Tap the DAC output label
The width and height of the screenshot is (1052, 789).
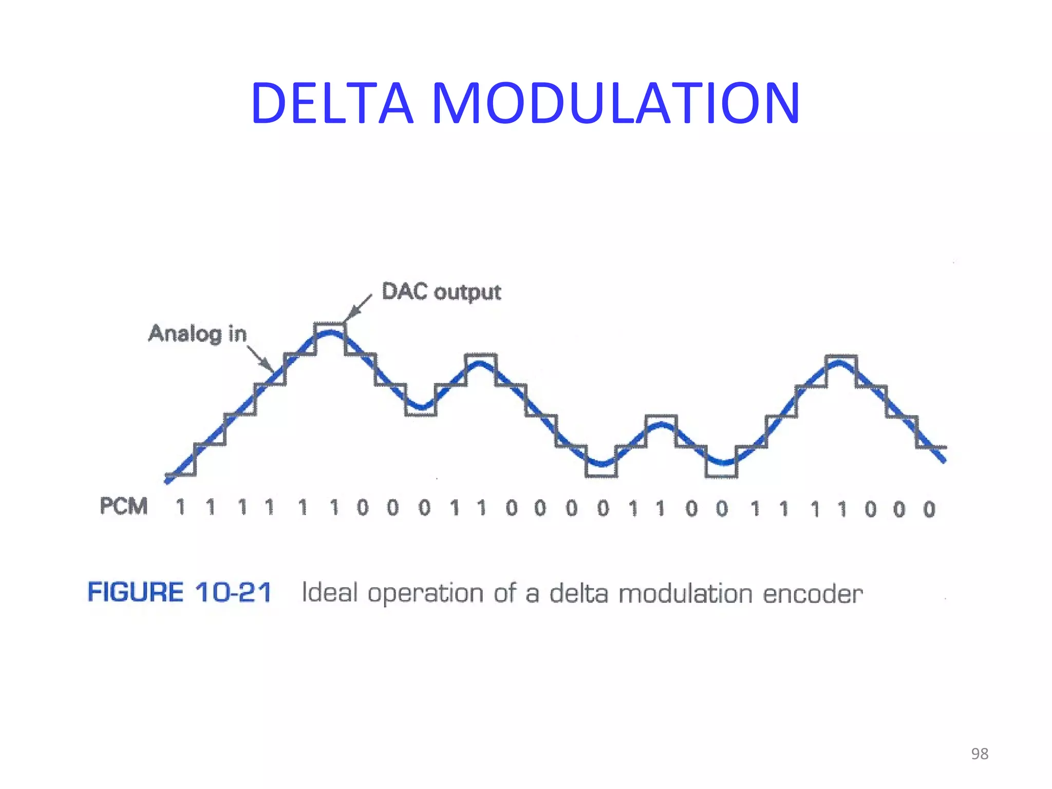441,292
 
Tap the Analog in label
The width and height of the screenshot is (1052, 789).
198,334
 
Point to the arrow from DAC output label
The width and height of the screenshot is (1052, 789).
358,308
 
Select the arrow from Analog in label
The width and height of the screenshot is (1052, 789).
261,358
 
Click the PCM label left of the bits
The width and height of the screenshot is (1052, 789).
124,506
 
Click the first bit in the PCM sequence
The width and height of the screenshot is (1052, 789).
180,508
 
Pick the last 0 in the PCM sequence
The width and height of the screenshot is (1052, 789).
929,510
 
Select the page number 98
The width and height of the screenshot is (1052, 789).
980,754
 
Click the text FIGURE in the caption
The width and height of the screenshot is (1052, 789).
136,592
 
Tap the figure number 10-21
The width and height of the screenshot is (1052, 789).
233,592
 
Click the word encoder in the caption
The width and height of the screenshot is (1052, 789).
813,594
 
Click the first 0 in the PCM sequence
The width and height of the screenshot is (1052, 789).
363,508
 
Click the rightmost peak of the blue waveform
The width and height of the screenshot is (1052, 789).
839,363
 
